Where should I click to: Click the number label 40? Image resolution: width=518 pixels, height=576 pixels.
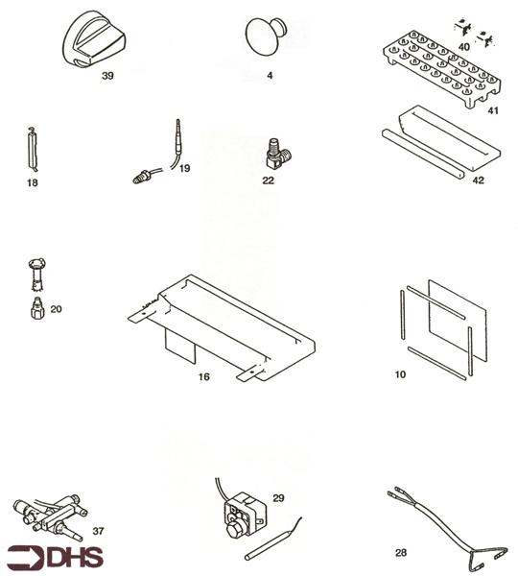(x=464, y=45)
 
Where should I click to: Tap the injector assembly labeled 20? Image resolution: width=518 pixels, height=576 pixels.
(x=36, y=288)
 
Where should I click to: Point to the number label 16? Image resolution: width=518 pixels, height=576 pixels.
(x=203, y=377)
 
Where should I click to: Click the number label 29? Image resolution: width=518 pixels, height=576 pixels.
(x=277, y=498)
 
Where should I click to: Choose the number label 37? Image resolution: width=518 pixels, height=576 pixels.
(x=99, y=529)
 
